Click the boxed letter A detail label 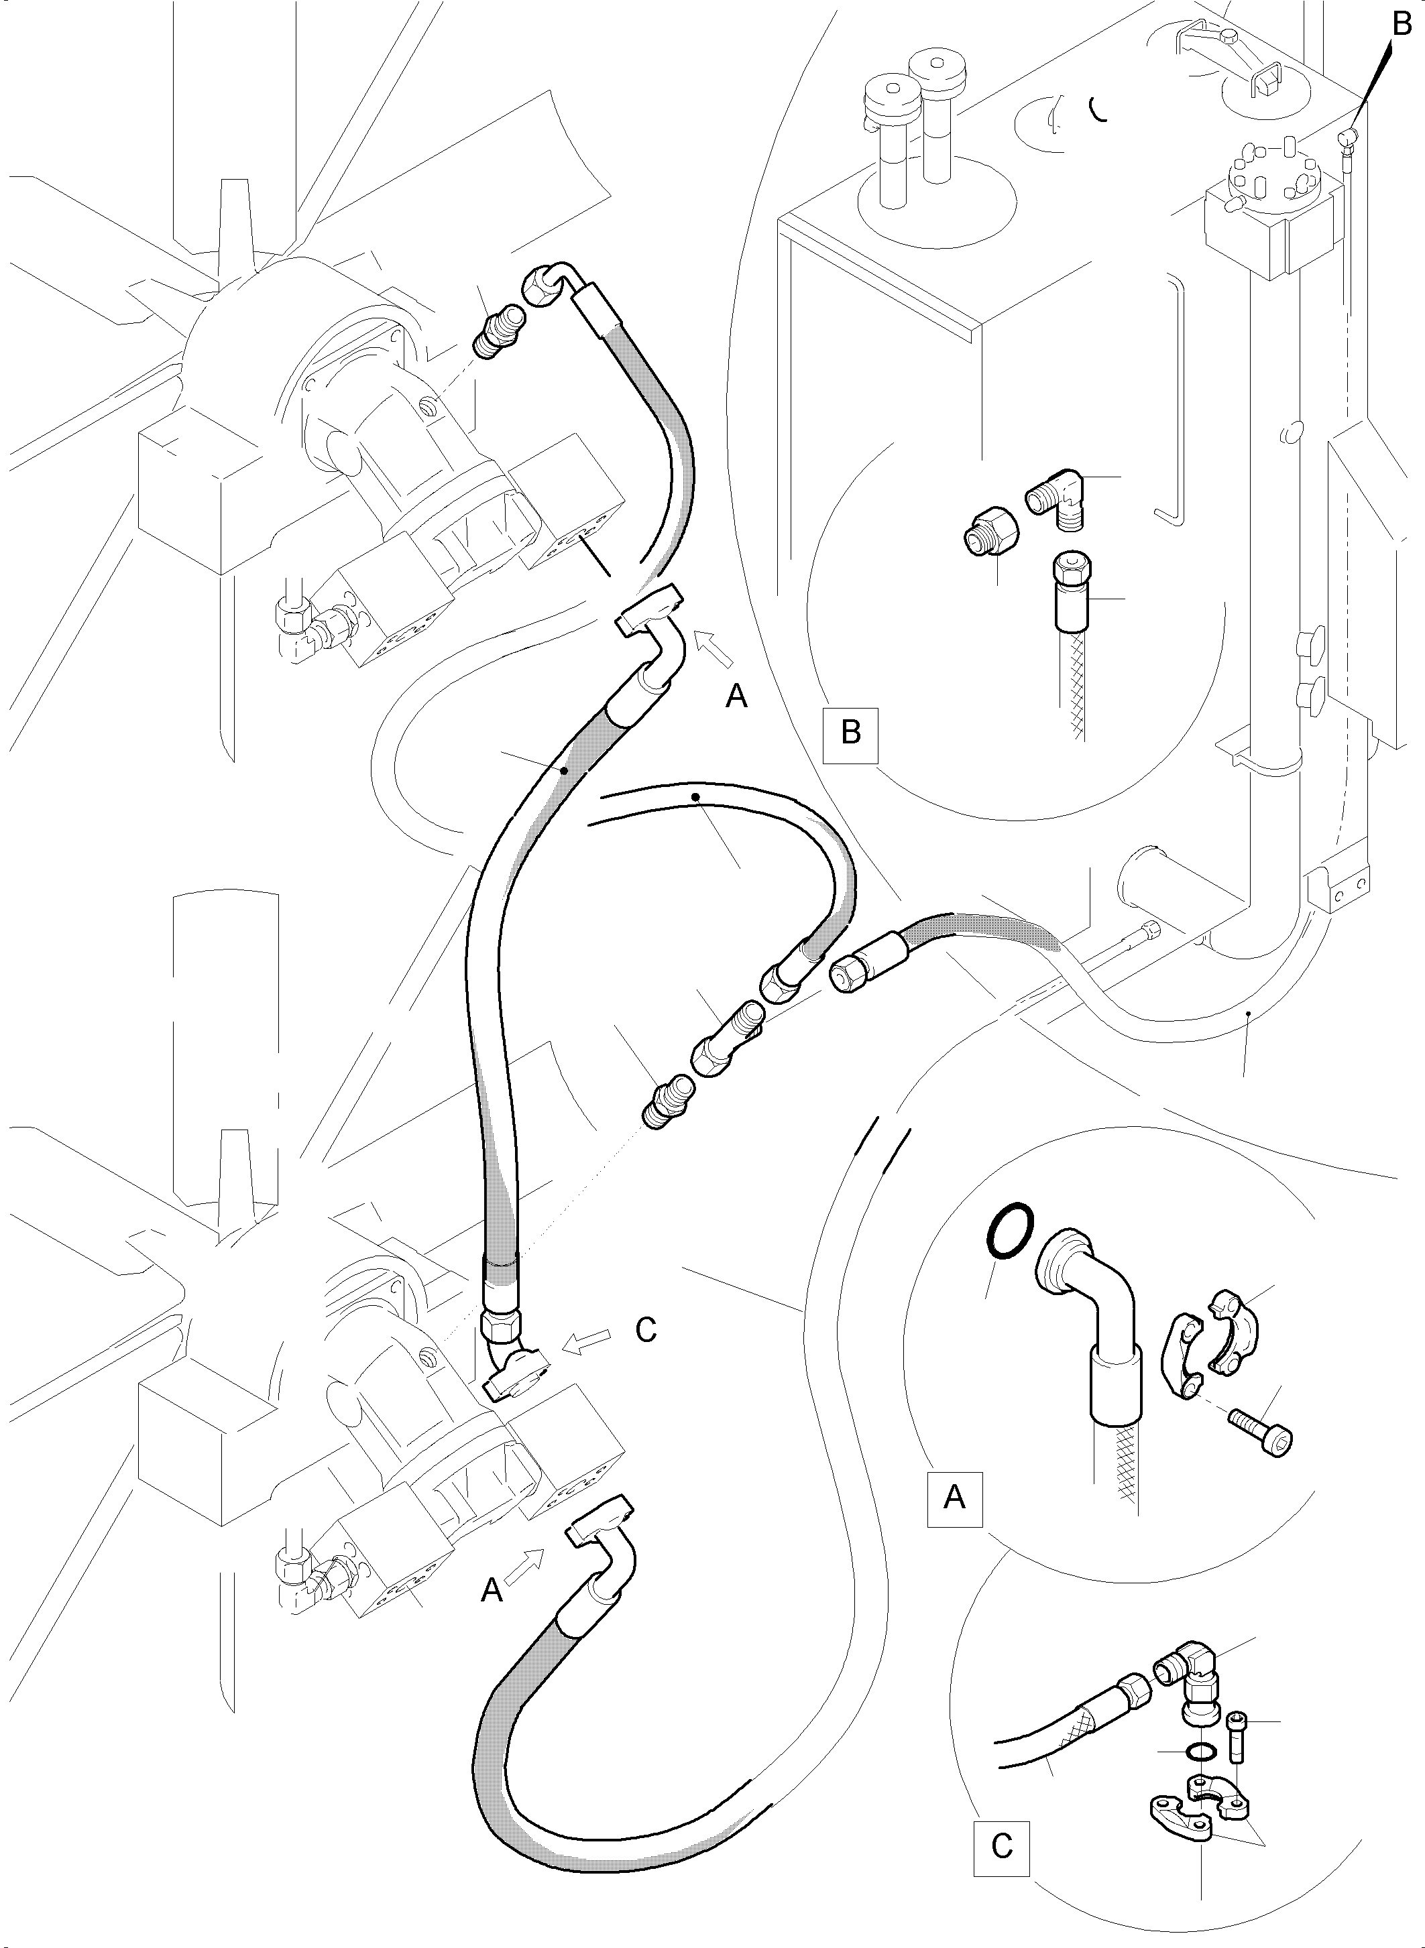(x=954, y=1498)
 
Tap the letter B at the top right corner (x=1402, y=27)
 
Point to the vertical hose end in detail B (x=1070, y=595)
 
